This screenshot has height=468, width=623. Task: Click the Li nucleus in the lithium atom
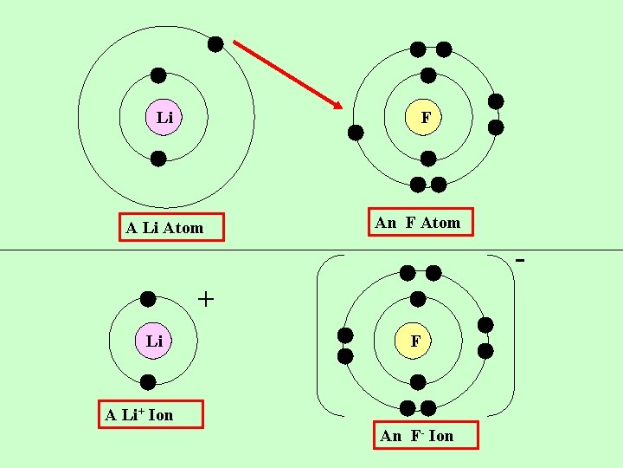click(164, 117)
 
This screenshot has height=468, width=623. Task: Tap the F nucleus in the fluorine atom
click(426, 117)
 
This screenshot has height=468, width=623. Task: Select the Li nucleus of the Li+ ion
click(154, 341)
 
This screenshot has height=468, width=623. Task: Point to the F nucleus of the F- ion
click(415, 341)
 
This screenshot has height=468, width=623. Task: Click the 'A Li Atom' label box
click(170, 228)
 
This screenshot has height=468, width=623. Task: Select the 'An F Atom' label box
click(421, 223)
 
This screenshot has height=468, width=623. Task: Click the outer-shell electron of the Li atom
click(215, 43)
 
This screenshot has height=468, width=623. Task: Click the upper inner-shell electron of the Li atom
click(158, 75)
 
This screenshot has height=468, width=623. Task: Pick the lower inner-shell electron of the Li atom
click(158, 159)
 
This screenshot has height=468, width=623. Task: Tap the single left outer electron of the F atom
click(356, 133)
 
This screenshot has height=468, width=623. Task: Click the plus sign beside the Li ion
click(206, 299)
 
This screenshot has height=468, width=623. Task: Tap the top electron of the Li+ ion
click(148, 299)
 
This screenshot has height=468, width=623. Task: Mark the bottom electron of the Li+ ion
click(148, 381)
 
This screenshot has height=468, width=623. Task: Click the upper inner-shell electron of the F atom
click(427, 75)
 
